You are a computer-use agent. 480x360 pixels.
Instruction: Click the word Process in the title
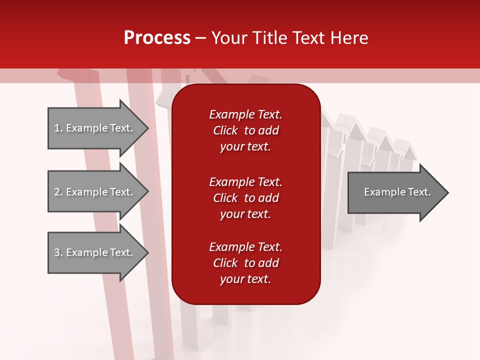pyautogui.click(x=157, y=38)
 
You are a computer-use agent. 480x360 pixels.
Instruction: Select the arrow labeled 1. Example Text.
pyautogui.click(x=95, y=128)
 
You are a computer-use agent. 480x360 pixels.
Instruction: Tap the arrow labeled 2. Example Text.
pyautogui.click(x=95, y=192)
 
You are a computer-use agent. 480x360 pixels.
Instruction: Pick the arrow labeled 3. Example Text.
pyautogui.click(x=95, y=252)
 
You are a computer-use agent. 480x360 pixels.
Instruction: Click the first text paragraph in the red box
pyautogui.click(x=245, y=130)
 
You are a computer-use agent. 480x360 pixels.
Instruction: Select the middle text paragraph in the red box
pyautogui.click(x=245, y=198)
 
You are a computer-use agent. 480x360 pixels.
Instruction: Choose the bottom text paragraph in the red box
pyautogui.click(x=245, y=263)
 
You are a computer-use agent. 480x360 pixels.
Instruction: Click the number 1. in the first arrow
pyautogui.click(x=58, y=128)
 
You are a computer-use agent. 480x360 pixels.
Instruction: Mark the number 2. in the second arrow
pyautogui.click(x=58, y=192)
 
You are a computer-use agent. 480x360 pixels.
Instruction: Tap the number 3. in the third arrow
pyautogui.click(x=58, y=252)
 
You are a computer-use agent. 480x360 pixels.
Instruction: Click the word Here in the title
pyautogui.click(x=349, y=38)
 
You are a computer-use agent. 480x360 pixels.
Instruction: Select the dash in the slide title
pyautogui.click(x=200, y=38)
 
